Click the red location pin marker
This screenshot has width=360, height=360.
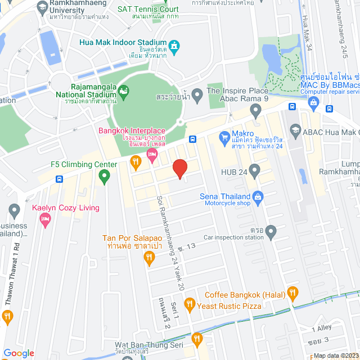click(x=179, y=168)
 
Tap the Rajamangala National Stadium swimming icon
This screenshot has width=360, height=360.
click(x=124, y=90)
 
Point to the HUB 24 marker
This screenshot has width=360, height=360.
click(x=255, y=169)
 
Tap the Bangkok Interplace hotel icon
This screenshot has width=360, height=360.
click(x=151, y=154)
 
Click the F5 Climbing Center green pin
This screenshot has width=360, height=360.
click(x=103, y=178)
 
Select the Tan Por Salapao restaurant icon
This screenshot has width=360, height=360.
click(x=148, y=259)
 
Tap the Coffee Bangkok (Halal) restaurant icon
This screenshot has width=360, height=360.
click(x=292, y=292)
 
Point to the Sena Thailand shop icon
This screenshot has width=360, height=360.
click(x=258, y=196)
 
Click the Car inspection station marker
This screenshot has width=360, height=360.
click(x=271, y=230)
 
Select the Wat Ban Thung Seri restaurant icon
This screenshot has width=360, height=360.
click(x=196, y=339)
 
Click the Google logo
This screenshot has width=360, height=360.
click(x=19, y=353)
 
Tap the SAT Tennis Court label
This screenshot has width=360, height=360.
click(x=148, y=10)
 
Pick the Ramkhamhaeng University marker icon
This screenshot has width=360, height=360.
click(x=42, y=7)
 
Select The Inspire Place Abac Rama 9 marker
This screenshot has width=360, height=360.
click(x=197, y=93)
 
